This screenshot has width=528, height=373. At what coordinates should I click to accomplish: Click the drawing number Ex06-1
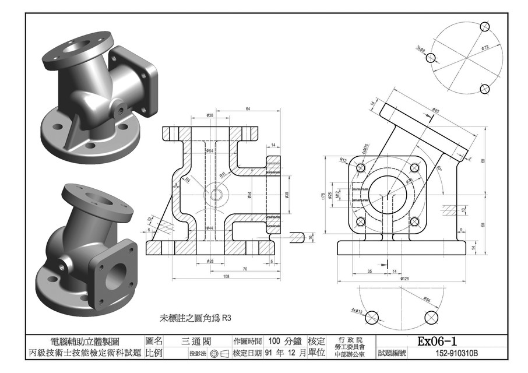click(x=437, y=341)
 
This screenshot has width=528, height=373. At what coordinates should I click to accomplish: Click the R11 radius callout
click(x=222, y=174)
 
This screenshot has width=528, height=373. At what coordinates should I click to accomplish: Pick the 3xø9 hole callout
click(x=420, y=49)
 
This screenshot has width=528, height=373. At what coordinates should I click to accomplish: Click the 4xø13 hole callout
click(x=355, y=311)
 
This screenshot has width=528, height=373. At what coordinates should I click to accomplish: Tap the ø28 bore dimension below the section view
click(x=209, y=262)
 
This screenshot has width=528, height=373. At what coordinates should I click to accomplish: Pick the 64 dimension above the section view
click(x=248, y=109)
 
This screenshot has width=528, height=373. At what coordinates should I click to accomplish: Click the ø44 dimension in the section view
click(x=210, y=227)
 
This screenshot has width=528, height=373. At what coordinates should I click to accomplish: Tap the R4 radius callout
click(x=187, y=180)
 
